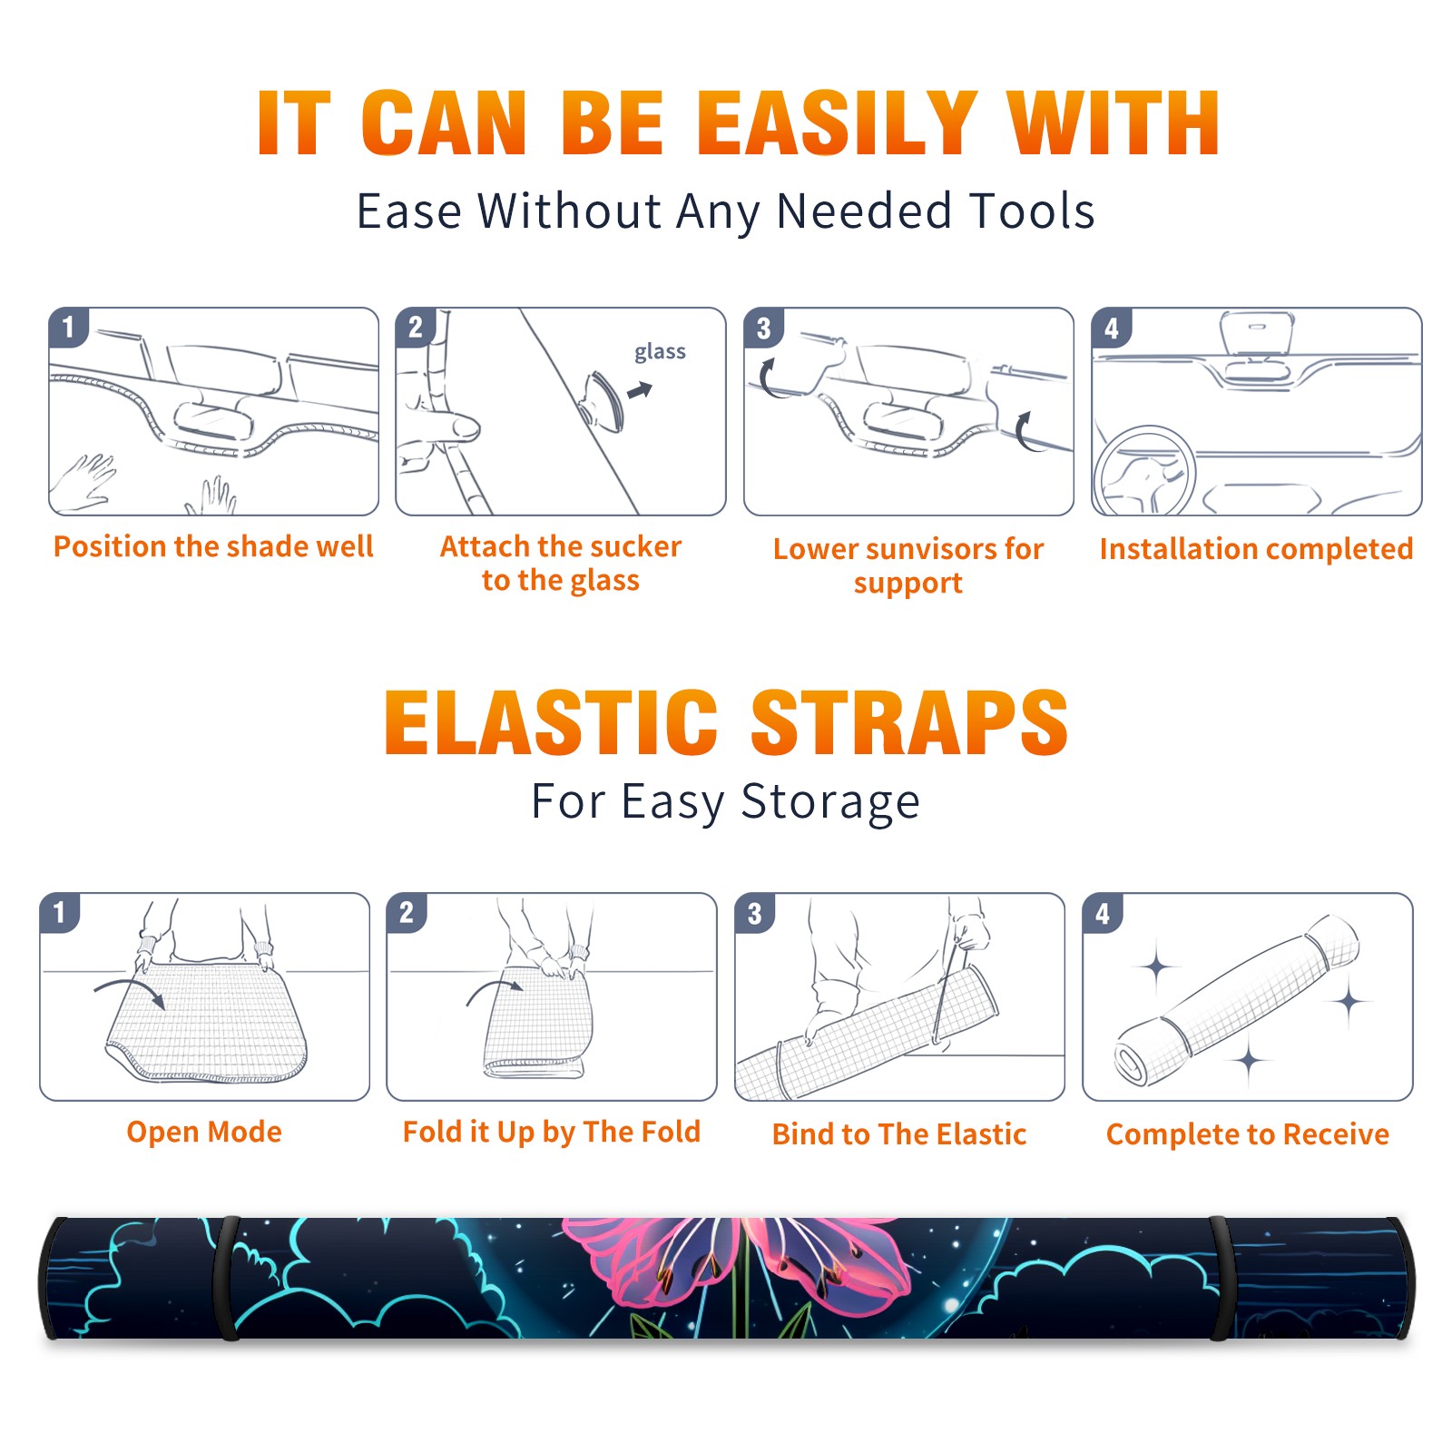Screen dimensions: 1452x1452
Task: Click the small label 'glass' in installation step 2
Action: pos(660,352)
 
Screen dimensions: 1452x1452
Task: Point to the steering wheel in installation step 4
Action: pos(1144,471)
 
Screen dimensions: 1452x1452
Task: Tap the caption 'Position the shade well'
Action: pos(213,546)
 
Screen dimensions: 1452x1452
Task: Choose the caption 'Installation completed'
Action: pos(1256,549)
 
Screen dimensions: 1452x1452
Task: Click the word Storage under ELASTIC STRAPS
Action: pos(830,802)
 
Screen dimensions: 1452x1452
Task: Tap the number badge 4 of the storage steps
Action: pos(1103,913)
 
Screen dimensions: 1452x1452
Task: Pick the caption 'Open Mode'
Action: pos(204,1132)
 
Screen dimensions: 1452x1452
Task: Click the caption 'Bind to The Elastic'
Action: pos(898,1134)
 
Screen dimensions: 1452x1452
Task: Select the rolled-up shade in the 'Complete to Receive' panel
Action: pos(1237,1001)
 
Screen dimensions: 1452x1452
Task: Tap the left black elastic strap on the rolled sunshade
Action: pos(227,1278)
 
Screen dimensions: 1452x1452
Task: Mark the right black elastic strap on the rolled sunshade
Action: pos(1221,1278)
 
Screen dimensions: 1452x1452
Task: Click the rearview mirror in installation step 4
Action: pos(1256,334)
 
